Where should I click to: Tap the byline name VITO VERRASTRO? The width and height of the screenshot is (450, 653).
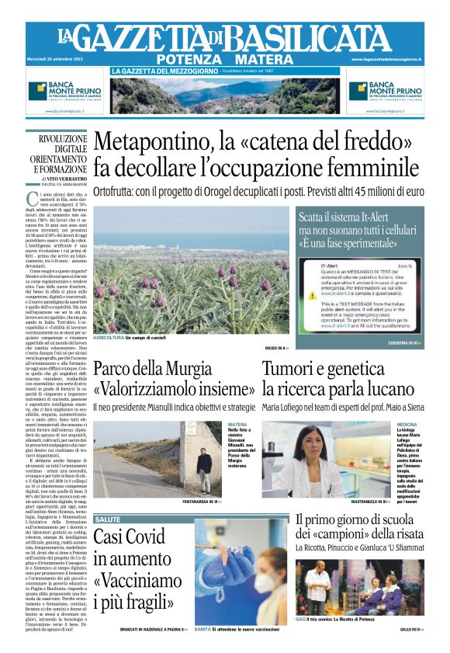pos(65,177)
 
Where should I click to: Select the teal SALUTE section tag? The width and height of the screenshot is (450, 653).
pos(108,519)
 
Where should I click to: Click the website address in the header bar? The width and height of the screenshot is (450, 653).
pos(397,60)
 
